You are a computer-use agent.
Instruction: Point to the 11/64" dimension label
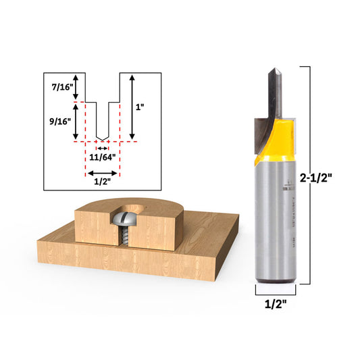click(103, 157)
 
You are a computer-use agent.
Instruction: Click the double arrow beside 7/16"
click(76, 87)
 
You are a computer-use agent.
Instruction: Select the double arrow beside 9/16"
click(76, 122)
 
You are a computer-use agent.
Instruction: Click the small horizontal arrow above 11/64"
click(102, 147)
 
